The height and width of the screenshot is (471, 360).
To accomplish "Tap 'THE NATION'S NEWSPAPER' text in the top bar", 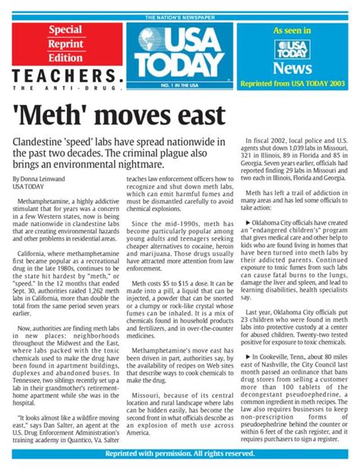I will pyautogui.click(x=180, y=17).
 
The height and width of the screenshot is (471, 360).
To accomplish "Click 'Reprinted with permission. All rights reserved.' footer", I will pyautogui.click(x=180, y=454).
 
